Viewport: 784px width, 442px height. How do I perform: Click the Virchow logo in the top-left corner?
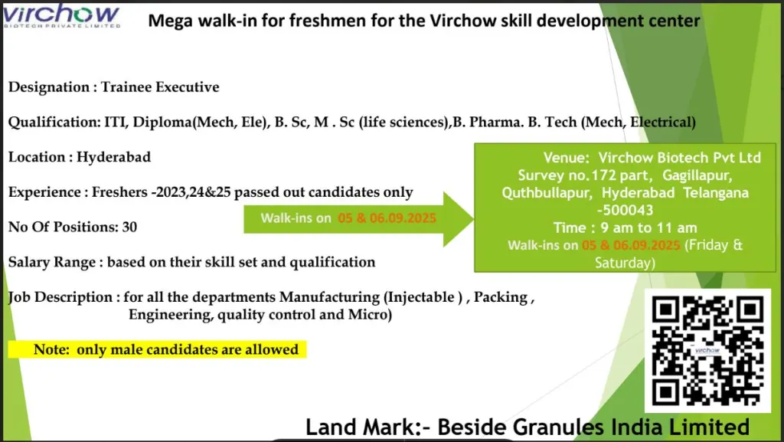[x=61, y=15]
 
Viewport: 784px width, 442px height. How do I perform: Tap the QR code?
[x=707, y=349]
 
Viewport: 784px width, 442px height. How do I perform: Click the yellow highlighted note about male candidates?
[x=157, y=350]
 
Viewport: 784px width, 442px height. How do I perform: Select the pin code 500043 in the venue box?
[x=626, y=210]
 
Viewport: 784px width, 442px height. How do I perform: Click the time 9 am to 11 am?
[x=626, y=228]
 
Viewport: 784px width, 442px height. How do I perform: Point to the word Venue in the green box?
[x=566, y=158]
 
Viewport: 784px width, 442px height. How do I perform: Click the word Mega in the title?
[x=170, y=21]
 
